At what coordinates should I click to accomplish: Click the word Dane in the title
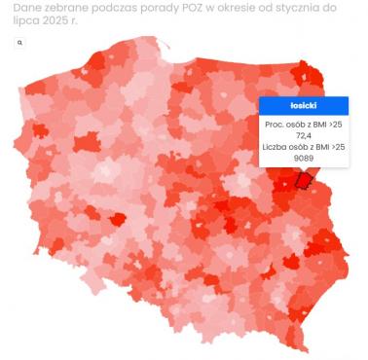(29, 7)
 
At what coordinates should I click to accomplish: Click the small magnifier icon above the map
(20, 44)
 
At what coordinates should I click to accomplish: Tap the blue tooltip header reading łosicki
(304, 105)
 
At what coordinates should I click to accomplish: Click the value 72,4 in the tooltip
(304, 135)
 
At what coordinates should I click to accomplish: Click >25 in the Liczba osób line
(338, 146)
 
